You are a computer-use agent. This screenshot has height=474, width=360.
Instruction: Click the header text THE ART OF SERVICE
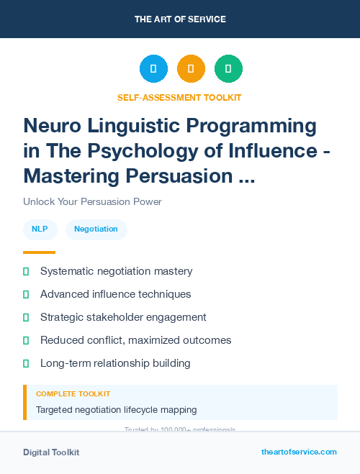pyautogui.click(x=179, y=19)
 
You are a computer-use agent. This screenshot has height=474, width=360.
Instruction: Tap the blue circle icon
pyautogui.click(x=153, y=68)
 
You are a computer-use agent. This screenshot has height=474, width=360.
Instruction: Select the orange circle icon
pyautogui.click(x=191, y=68)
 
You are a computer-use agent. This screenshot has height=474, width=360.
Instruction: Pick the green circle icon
pyautogui.click(x=228, y=68)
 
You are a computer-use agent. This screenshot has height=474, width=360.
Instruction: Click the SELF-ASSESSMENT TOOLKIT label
pyautogui.click(x=179, y=97)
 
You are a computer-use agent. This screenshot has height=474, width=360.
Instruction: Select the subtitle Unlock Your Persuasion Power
pyautogui.click(x=92, y=201)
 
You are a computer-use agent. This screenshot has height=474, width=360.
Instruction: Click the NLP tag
pyautogui.click(x=40, y=229)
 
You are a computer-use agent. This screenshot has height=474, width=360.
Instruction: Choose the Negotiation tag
pyautogui.click(x=96, y=229)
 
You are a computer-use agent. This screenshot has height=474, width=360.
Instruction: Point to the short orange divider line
pyautogui.click(x=39, y=252)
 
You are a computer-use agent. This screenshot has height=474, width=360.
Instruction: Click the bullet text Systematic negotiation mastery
pyautogui.click(x=116, y=271)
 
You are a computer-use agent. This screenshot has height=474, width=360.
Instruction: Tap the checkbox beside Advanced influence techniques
pyautogui.click(x=26, y=294)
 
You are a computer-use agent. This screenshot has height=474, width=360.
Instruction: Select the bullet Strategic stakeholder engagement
pyautogui.click(x=123, y=317)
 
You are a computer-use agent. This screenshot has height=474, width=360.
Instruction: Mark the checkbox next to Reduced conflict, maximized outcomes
pyautogui.click(x=26, y=340)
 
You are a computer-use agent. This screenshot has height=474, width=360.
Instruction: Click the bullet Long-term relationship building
pyautogui.click(x=115, y=363)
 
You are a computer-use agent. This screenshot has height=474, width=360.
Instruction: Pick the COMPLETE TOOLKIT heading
pyautogui.click(x=73, y=394)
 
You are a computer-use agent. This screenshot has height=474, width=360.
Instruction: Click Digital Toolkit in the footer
pyautogui.click(x=51, y=452)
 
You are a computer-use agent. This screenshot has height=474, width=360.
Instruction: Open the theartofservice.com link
pyautogui.click(x=299, y=452)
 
